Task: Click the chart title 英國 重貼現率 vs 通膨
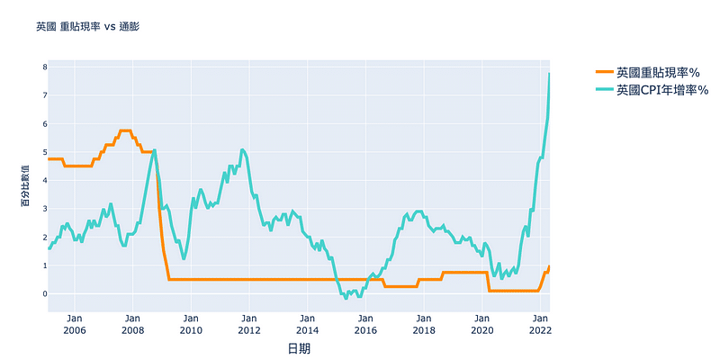click(87, 27)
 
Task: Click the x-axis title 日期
click(299, 348)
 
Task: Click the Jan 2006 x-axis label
click(75, 324)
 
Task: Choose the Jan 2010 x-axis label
click(191, 324)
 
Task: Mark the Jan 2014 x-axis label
click(307, 324)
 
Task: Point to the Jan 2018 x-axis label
click(423, 324)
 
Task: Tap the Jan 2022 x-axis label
click(539, 324)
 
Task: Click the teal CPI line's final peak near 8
click(550, 73)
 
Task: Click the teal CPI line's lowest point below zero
click(346, 297)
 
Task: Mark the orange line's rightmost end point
click(550, 266)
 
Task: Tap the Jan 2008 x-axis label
click(132, 324)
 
